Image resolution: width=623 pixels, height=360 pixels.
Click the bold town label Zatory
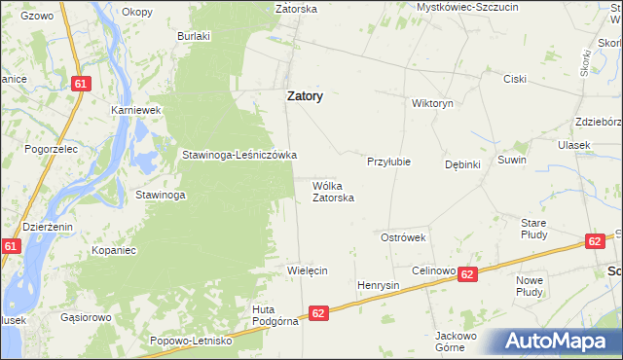(304, 97)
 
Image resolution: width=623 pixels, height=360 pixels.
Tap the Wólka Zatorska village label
(332, 191)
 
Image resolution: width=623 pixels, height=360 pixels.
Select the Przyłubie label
(388, 162)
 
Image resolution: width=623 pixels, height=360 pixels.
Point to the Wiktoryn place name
(432, 103)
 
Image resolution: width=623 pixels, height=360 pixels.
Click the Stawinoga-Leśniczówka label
(239, 155)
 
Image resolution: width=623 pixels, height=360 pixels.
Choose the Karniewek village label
(135, 111)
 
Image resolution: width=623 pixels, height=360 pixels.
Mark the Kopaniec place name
(113, 250)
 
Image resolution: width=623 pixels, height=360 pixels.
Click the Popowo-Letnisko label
(191, 341)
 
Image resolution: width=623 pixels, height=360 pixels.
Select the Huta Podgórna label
(269, 316)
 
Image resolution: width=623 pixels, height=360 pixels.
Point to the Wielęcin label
(307, 270)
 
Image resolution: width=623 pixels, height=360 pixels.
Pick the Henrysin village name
(379, 285)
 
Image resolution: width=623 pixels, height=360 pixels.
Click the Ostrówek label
(403, 237)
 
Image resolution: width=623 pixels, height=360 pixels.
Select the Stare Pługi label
(533, 229)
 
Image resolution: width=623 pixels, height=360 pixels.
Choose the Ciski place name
(514, 79)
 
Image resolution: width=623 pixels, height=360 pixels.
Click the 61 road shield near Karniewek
(81, 85)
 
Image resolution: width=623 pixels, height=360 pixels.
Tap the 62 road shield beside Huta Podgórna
(318, 313)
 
